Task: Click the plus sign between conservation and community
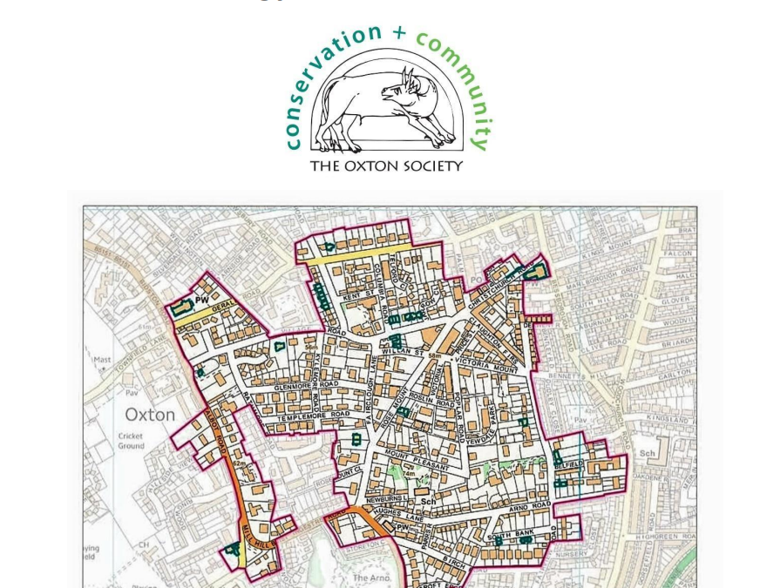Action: (x=399, y=33)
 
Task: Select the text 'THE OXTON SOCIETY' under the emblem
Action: (x=386, y=166)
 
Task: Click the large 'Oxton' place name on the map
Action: (x=150, y=415)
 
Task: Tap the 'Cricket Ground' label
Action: (x=132, y=441)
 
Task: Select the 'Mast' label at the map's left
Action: (x=102, y=359)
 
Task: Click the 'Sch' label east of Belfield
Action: (x=647, y=454)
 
